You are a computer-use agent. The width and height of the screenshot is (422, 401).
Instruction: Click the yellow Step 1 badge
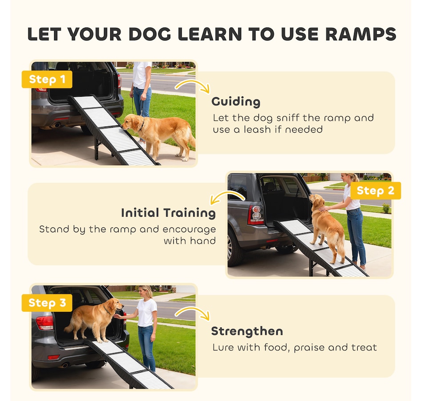pos(47,79)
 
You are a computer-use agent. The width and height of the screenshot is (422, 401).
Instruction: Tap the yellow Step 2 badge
pos(375,191)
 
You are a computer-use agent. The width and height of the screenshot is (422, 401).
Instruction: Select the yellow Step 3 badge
pos(47,303)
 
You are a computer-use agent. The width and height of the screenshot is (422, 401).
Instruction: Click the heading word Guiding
pos(236,102)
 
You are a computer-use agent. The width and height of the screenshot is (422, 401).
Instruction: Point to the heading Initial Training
pos(168,213)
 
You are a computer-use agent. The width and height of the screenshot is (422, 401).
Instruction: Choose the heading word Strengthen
pos(247,331)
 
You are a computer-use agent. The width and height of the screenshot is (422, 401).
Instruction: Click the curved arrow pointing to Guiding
pos(192,84)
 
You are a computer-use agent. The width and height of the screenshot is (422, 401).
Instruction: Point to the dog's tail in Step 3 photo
pos(69,327)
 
